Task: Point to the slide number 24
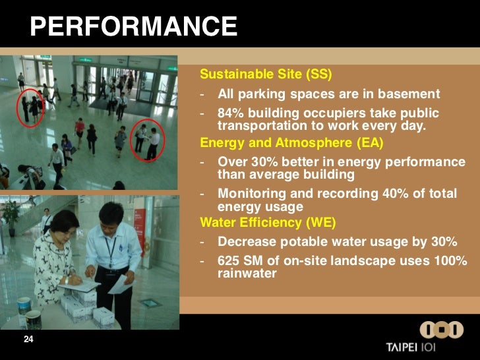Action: coord(28,339)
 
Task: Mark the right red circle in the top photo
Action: coord(147,140)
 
